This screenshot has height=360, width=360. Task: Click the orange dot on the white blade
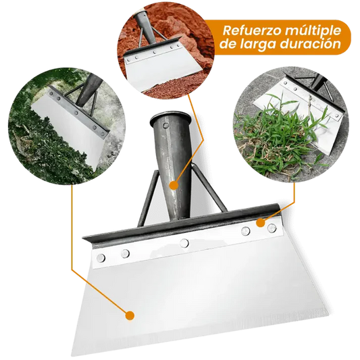[130, 314]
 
